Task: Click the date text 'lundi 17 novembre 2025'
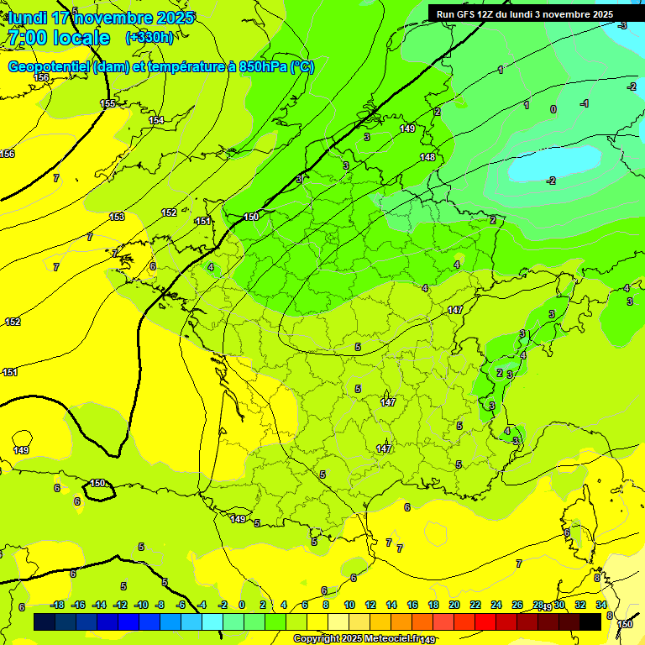tap(101, 18)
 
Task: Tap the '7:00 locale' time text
tap(57, 38)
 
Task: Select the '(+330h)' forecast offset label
tap(149, 38)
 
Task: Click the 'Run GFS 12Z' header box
tap(524, 14)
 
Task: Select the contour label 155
tap(107, 103)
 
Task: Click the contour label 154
tap(156, 121)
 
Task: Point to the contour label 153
tap(117, 217)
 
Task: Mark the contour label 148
tap(427, 157)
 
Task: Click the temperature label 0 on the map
tap(553, 109)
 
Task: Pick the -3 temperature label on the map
tap(622, 26)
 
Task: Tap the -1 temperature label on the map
tap(585, 103)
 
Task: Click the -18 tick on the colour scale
tap(57, 605)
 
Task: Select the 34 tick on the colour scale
tap(601, 605)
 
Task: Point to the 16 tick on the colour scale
tap(412, 605)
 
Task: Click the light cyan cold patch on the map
tap(554, 164)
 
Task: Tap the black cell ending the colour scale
tap(590, 621)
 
